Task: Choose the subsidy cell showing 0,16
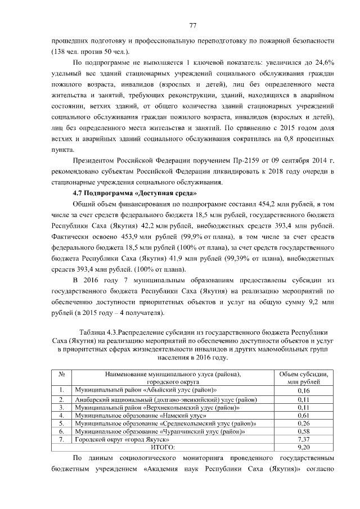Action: [x=304, y=390]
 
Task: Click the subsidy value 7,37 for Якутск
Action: [x=304, y=439]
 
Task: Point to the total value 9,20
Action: [x=304, y=447]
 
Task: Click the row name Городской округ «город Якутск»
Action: [x=122, y=439]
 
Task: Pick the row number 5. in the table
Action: [x=61, y=423]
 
